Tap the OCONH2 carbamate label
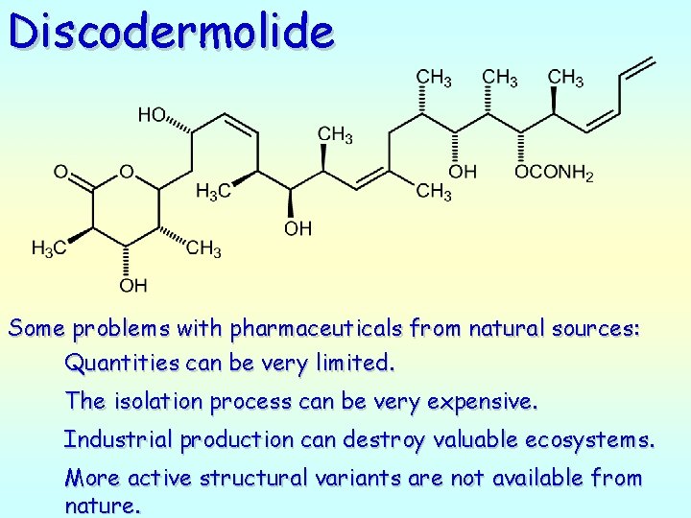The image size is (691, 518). [554, 173]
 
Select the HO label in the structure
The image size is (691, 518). [152, 115]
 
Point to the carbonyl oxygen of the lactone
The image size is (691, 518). [60, 173]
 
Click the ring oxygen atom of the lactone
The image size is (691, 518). [126, 173]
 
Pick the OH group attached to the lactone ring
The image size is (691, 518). [132, 285]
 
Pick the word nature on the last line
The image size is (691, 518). [101, 506]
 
